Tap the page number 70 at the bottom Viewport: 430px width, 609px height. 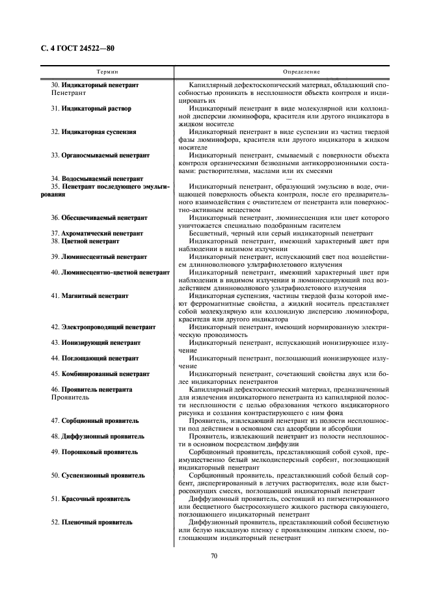tap(214, 555)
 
